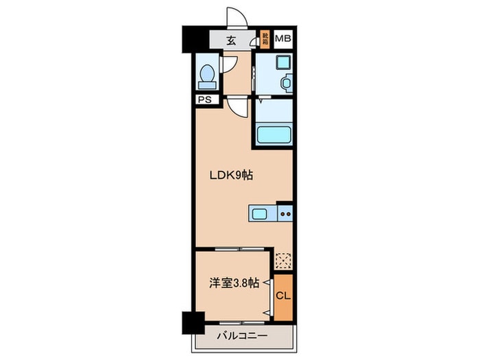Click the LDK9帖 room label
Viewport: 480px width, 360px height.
231,175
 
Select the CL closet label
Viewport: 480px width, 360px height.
281,296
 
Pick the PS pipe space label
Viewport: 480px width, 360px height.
204,99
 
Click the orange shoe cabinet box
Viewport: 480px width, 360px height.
265,38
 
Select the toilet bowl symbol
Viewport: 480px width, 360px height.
206,75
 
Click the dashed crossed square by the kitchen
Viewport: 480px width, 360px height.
283,261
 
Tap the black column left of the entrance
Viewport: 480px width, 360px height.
189,39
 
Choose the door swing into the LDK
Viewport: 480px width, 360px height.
237,107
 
